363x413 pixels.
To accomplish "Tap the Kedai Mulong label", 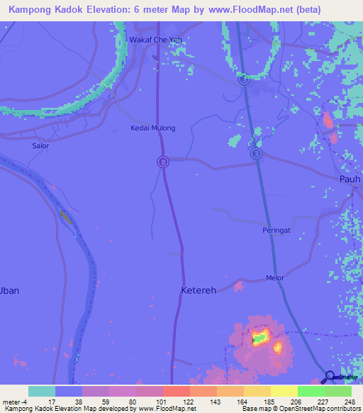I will (152, 128).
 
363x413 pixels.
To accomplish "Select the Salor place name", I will (40, 145).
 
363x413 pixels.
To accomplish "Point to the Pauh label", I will (350, 179).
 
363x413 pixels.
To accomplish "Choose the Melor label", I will (274, 277).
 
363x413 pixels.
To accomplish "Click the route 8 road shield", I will (162, 162).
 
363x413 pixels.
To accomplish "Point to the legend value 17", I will (52, 401).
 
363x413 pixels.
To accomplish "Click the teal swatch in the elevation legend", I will (42, 391).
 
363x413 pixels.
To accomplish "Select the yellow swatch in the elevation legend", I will (284, 391).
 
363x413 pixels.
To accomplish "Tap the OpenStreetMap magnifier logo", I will (329, 377).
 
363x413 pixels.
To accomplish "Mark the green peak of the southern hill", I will (260, 338).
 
